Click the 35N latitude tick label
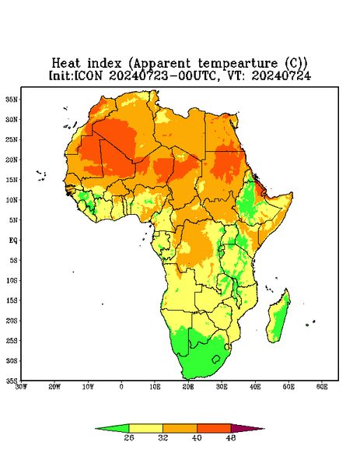[12, 99]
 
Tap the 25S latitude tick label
[12, 340]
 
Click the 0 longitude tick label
[121, 387]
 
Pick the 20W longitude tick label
[54, 387]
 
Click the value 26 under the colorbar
[129, 437]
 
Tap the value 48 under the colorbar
[231, 437]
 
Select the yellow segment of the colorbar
[145, 428]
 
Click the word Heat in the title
[66, 64]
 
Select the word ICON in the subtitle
[88, 75]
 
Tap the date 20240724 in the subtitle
[281, 75]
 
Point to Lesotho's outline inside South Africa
[216, 359]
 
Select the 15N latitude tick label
[12, 180]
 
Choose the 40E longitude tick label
[255, 387]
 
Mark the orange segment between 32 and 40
[180, 428]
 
